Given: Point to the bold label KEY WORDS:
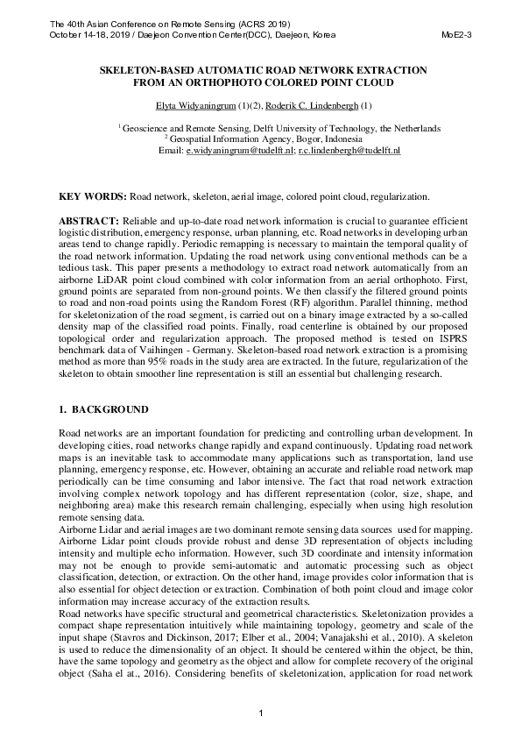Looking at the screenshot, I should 91,197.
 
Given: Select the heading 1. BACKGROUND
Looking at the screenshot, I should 102,409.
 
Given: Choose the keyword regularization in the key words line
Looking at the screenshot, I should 400,197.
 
